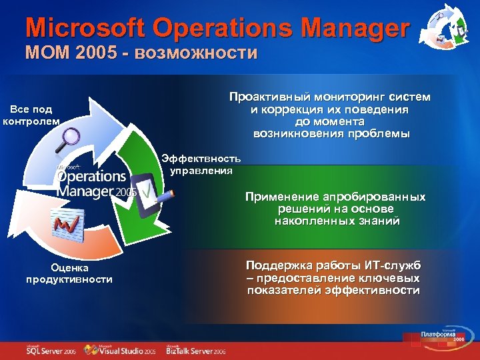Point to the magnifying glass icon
(x=68, y=141)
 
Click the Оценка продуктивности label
(x=69, y=273)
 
